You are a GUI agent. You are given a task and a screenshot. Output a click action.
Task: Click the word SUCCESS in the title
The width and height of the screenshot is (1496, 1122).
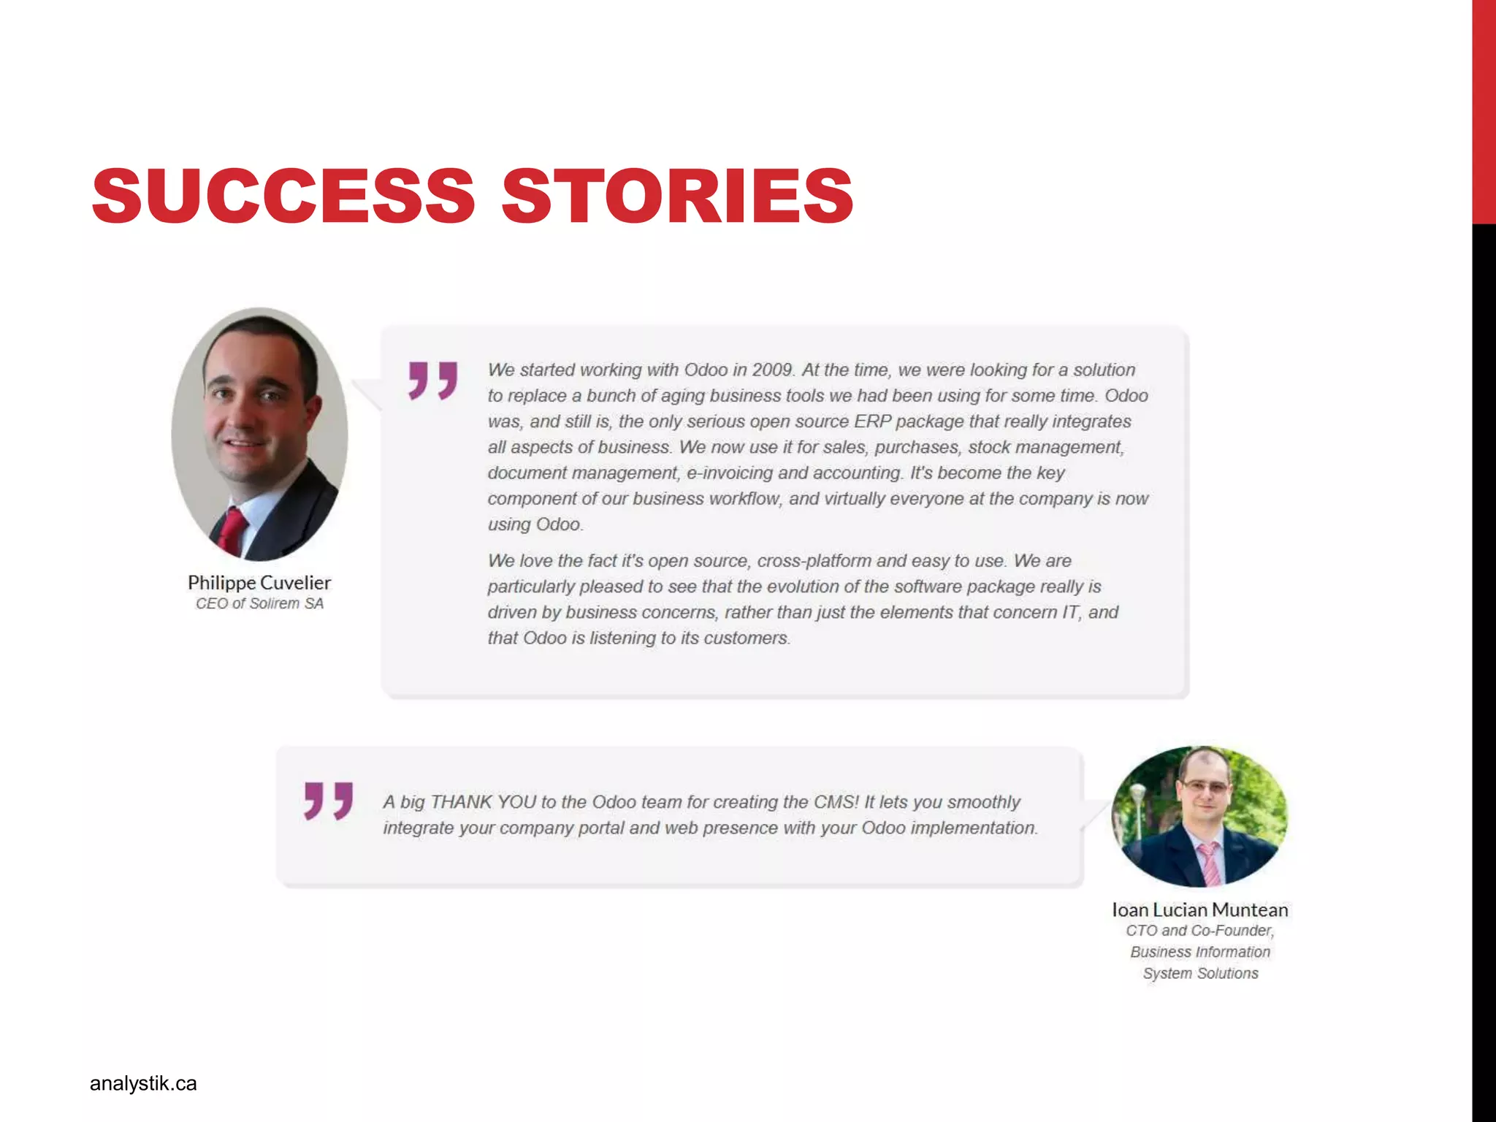click(283, 195)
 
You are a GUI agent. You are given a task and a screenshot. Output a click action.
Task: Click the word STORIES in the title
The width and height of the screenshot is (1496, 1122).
click(677, 195)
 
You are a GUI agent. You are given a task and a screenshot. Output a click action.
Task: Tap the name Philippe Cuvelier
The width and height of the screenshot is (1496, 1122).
click(259, 582)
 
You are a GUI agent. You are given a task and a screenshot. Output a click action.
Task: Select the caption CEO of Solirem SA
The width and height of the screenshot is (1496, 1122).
click(259, 603)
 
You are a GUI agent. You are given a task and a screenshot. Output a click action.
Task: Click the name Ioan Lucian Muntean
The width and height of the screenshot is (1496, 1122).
click(1199, 909)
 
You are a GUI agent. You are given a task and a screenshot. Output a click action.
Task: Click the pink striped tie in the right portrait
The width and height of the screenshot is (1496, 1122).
click(1209, 862)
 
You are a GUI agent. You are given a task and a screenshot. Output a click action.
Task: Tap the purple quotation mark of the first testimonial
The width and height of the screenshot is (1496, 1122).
click(433, 380)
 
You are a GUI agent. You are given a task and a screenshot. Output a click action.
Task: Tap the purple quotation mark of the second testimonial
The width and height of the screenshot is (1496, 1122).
click(329, 801)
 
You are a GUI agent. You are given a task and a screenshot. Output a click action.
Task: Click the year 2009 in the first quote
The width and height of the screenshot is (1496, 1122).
click(773, 370)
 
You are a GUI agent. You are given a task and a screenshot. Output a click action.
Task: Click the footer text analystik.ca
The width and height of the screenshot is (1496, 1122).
click(143, 1083)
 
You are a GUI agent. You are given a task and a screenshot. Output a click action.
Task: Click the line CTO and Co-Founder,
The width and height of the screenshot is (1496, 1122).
click(1199, 931)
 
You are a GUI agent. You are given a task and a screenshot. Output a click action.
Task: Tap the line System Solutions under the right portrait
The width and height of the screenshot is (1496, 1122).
click(1200, 973)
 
